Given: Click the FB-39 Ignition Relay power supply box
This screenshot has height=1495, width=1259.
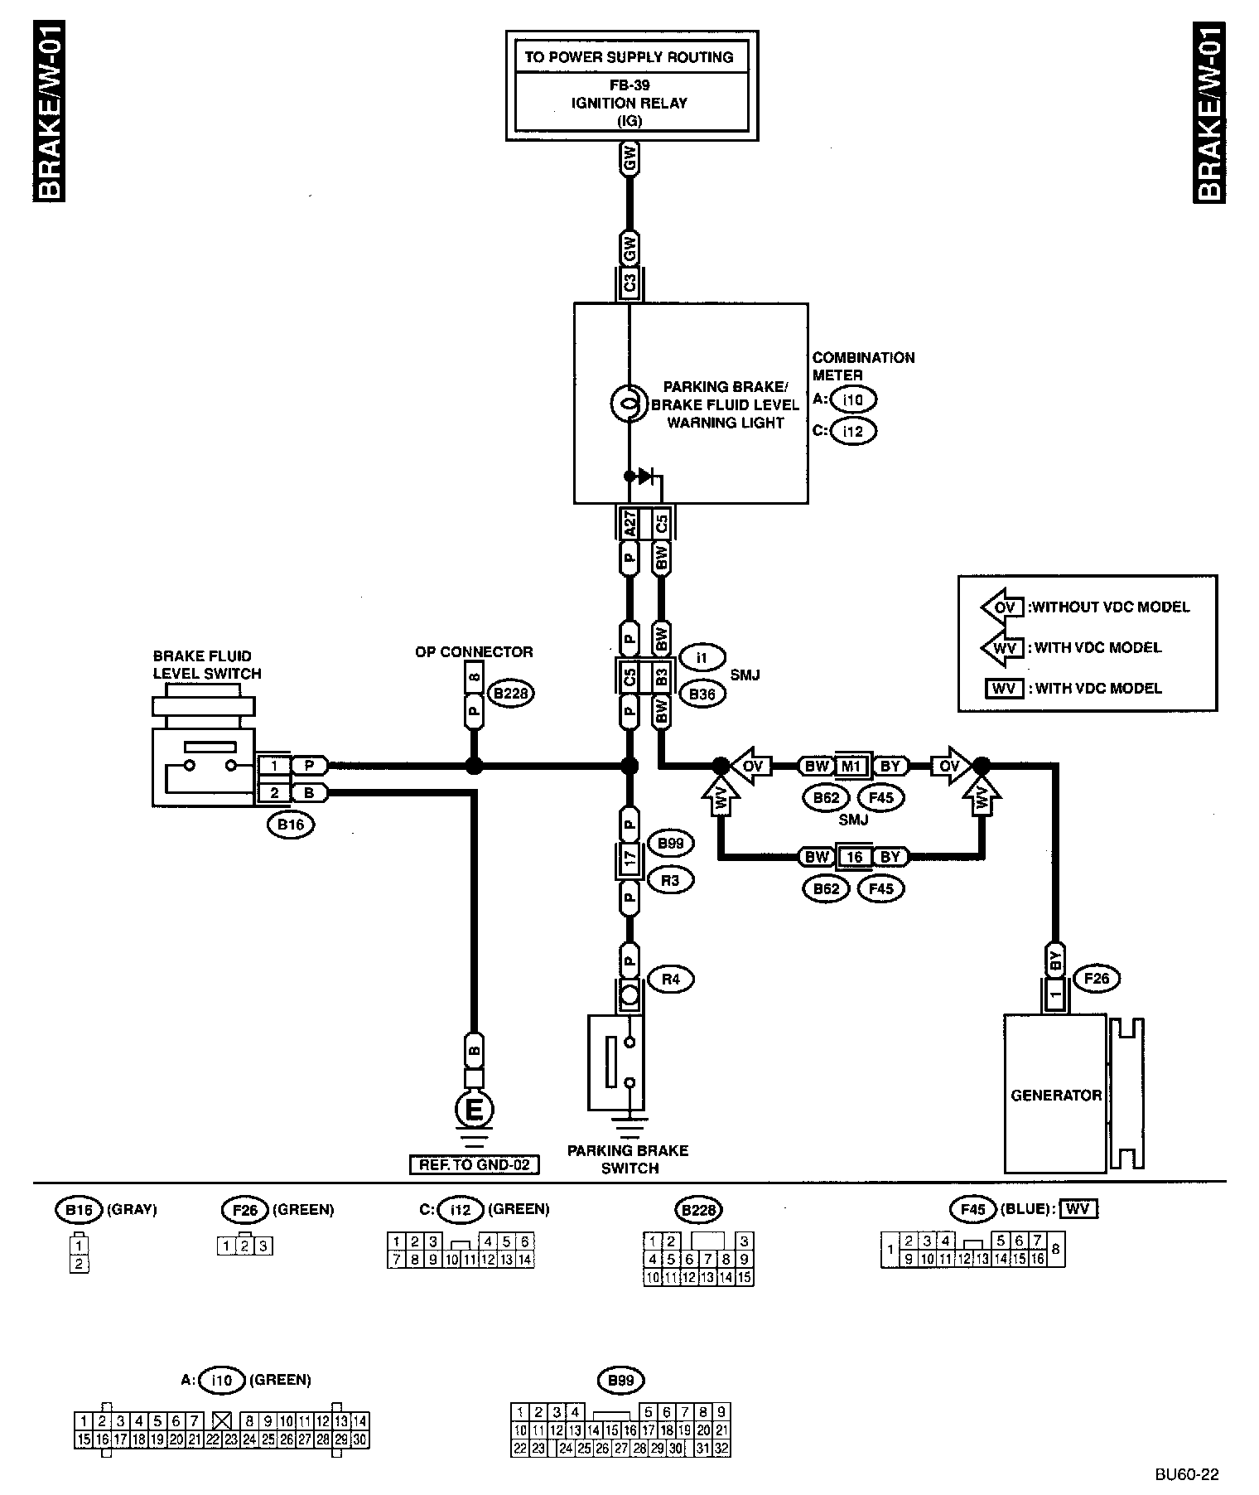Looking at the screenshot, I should (x=631, y=86).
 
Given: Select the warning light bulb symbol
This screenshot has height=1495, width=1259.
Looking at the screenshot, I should (x=628, y=404).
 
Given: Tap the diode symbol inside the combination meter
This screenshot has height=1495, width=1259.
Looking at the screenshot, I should (x=647, y=476).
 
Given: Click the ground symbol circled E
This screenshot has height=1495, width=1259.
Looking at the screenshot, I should (x=475, y=1110).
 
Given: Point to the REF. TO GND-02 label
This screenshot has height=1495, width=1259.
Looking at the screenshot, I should (x=475, y=1165).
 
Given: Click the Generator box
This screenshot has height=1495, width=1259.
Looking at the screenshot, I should (x=1055, y=1094).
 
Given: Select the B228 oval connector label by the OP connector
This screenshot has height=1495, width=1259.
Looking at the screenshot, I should (x=510, y=693).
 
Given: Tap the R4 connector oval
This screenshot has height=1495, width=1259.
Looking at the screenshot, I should (x=671, y=979).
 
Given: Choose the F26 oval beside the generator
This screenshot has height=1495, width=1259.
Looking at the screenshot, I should (x=1096, y=979).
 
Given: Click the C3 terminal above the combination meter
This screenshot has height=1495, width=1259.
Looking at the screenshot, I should (x=629, y=283).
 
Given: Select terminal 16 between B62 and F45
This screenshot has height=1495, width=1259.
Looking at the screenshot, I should (x=854, y=857).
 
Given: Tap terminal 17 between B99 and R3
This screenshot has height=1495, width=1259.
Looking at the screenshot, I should (x=630, y=859).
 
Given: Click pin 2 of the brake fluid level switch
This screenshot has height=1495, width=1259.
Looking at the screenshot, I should (x=274, y=793).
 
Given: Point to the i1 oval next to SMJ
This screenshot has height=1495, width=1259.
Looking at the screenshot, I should (x=702, y=658).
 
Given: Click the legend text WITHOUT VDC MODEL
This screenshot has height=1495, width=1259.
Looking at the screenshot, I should (x=1108, y=607).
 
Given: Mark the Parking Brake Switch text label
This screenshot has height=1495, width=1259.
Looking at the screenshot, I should (x=629, y=1159).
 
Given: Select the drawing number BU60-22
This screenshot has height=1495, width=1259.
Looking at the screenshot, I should (x=1187, y=1474).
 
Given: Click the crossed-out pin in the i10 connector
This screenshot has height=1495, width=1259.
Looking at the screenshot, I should (x=221, y=1420).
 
